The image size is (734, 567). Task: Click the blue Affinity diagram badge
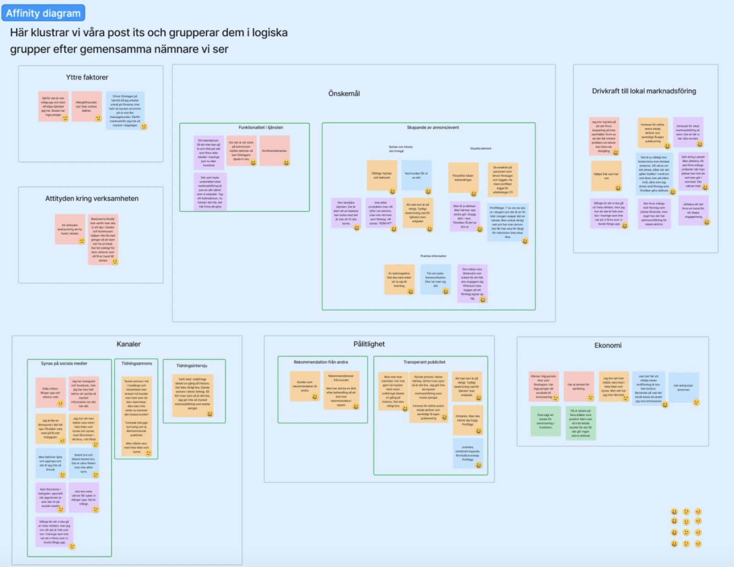(x=43, y=13)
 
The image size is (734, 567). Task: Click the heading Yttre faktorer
(x=87, y=77)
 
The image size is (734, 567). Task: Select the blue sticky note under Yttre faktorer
(x=125, y=110)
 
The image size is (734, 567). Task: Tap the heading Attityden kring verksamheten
(x=92, y=198)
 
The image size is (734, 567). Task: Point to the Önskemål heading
(x=344, y=93)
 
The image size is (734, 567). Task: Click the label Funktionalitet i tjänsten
(x=261, y=127)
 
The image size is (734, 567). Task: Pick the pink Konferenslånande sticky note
(x=274, y=151)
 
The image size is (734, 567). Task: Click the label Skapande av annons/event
(x=433, y=127)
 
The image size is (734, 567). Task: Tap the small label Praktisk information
(x=433, y=256)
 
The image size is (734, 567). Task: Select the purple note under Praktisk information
(x=472, y=283)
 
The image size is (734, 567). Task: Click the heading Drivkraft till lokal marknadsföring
(x=644, y=91)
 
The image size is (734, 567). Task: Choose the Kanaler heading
(x=129, y=344)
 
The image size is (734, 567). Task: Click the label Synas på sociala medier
(x=64, y=363)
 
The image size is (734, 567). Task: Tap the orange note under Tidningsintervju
(x=193, y=395)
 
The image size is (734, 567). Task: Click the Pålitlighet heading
(x=369, y=344)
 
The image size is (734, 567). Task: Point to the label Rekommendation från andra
(x=321, y=362)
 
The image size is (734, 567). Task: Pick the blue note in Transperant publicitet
(x=467, y=453)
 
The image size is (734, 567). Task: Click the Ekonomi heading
(x=608, y=345)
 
